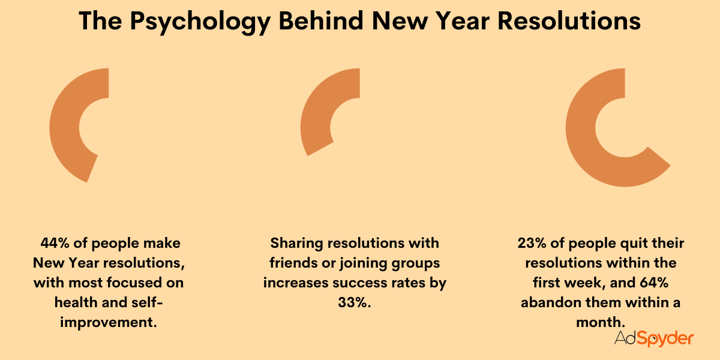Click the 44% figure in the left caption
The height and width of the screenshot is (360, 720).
[x=54, y=244]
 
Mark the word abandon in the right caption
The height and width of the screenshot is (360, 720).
[x=548, y=302]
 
